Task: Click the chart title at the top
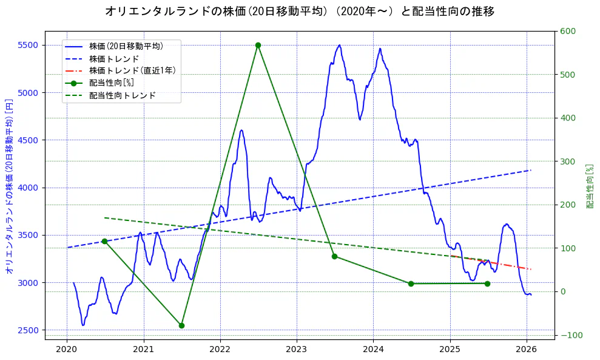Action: click(x=300, y=12)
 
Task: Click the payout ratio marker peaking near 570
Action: click(x=258, y=45)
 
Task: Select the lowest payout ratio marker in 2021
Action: click(x=181, y=325)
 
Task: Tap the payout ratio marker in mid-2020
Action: click(x=104, y=241)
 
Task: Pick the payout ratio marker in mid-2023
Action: click(x=334, y=256)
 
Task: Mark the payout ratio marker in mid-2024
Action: click(x=411, y=284)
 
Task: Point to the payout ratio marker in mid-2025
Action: click(x=487, y=284)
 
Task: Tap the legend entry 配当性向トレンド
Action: click(x=122, y=96)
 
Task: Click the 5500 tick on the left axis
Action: click(x=27, y=45)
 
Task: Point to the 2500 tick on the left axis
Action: click(x=27, y=330)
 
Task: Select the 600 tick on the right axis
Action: click(x=567, y=32)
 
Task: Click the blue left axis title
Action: click(x=9, y=186)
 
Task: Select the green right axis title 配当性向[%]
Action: click(x=589, y=186)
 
